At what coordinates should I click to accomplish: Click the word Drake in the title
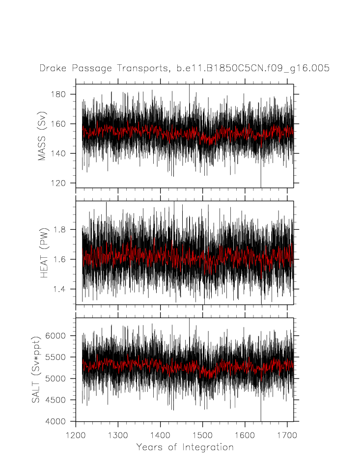point(52,69)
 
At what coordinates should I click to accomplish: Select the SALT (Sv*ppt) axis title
point(36,370)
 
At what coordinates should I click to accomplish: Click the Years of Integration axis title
point(185,447)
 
